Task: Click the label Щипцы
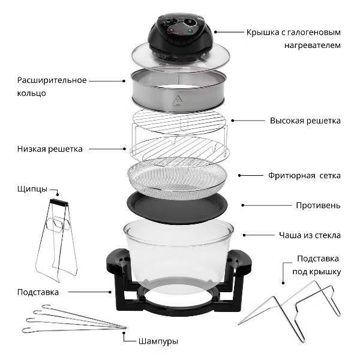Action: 32,189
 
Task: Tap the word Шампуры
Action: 158,341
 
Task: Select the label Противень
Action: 318,205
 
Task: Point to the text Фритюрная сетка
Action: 304,176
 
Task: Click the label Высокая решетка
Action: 305,121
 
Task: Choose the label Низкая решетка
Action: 50,149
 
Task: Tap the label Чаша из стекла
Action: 310,235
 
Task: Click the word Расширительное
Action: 52,80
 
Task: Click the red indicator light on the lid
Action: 170,31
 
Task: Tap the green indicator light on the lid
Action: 190,32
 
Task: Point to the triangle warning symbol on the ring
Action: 177,100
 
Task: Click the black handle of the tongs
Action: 59,202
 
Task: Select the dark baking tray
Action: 177,208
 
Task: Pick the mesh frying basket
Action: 177,179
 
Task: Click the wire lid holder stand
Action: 290,311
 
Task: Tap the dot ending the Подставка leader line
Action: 110,292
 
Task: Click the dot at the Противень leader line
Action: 243,205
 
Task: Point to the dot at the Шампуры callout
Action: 124,332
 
